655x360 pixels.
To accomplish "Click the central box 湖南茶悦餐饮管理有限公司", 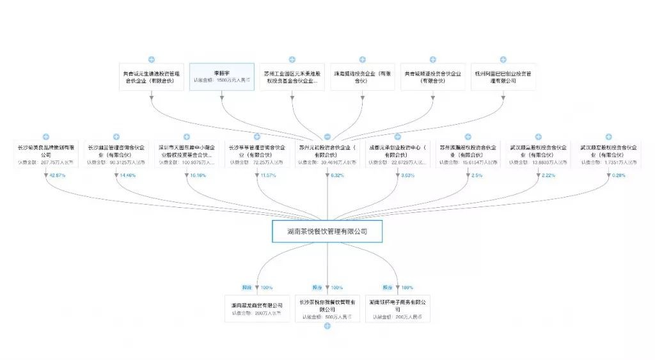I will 327,231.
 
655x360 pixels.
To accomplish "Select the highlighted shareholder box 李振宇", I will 221,77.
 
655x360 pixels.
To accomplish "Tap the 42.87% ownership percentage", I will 58,175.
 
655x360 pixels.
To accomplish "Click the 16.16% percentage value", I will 198,175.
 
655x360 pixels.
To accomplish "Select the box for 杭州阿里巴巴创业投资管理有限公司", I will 503,77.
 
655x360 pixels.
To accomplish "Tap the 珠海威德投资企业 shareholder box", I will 363,77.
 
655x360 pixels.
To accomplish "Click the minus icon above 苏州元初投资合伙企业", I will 327,137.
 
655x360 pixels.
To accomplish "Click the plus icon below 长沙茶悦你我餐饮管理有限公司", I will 327,326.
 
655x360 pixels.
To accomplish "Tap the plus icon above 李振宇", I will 221,59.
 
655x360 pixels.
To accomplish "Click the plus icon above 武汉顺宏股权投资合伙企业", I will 608,137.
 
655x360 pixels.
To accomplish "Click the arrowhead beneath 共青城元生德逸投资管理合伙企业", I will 152,98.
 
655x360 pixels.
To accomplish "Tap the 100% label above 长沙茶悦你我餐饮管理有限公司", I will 337,288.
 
